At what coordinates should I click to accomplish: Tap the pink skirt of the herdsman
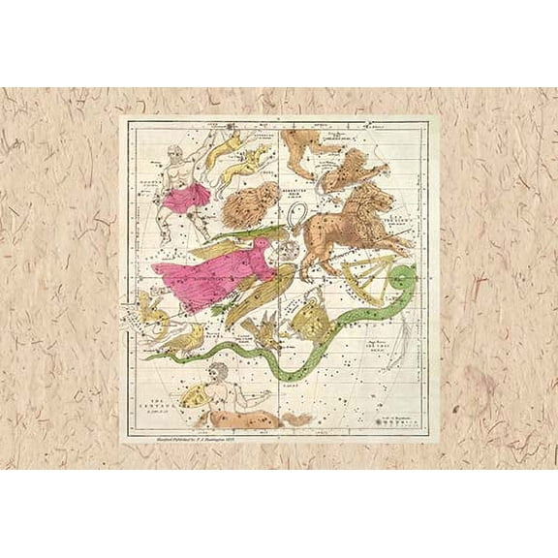[x=187, y=198]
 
